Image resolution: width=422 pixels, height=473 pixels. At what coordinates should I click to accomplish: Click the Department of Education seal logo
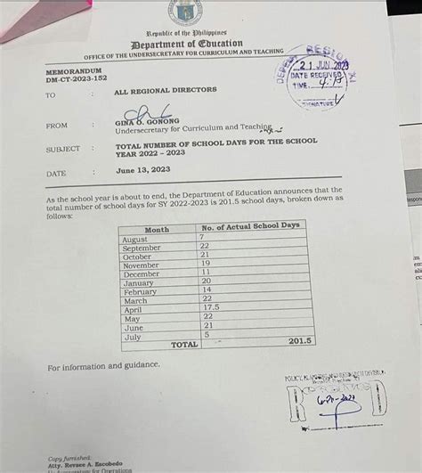pos(185,12)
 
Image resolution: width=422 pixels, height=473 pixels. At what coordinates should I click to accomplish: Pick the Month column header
pos(156,229)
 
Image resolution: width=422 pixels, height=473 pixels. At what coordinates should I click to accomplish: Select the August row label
pos(135,239)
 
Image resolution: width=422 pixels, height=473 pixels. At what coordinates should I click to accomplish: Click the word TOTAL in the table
pos(183,344)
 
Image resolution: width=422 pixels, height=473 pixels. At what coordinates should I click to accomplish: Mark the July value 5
pos(206,334)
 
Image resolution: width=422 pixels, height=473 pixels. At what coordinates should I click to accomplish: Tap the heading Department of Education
pos(186,44)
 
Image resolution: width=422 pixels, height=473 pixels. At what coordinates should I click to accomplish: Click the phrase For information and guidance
pos(103,365)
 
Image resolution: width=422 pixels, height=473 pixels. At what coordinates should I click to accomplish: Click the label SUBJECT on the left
pos(62,150)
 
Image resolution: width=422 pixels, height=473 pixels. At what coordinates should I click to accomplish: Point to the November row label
pos(141,265)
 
